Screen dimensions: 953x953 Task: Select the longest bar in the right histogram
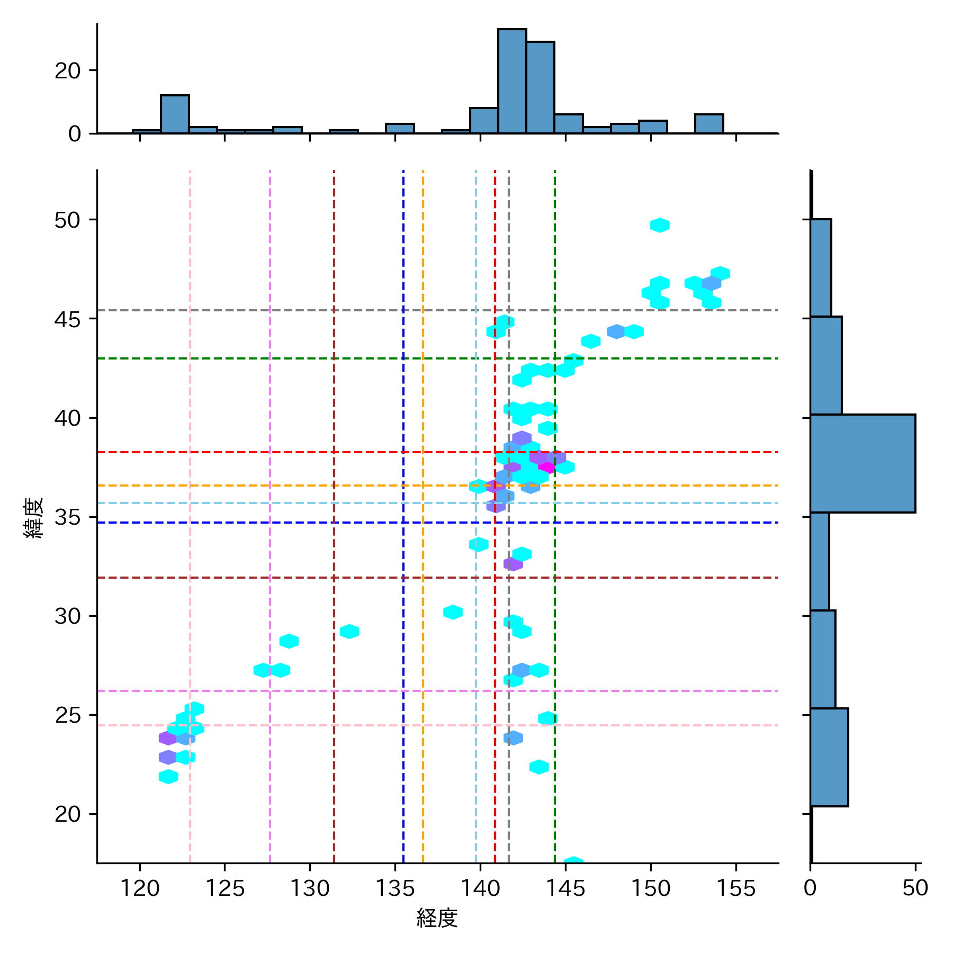coord(862,463)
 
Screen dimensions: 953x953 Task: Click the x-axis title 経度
coord(437,918)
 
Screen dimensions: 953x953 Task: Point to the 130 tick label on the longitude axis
coord(310,888)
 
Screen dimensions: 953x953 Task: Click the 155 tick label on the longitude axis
coord(735,888)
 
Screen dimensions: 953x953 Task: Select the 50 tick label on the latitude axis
coord(68,220)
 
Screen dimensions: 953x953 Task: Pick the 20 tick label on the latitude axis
coord(68,814)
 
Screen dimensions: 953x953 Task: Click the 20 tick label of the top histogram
coord(68,70)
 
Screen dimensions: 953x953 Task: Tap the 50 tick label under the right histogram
coord(915,888)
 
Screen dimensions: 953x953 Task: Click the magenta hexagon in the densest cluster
coord(546,467)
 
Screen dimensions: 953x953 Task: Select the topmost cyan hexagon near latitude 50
coord(660,225)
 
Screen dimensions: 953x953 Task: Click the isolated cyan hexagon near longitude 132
coord(349,632)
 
